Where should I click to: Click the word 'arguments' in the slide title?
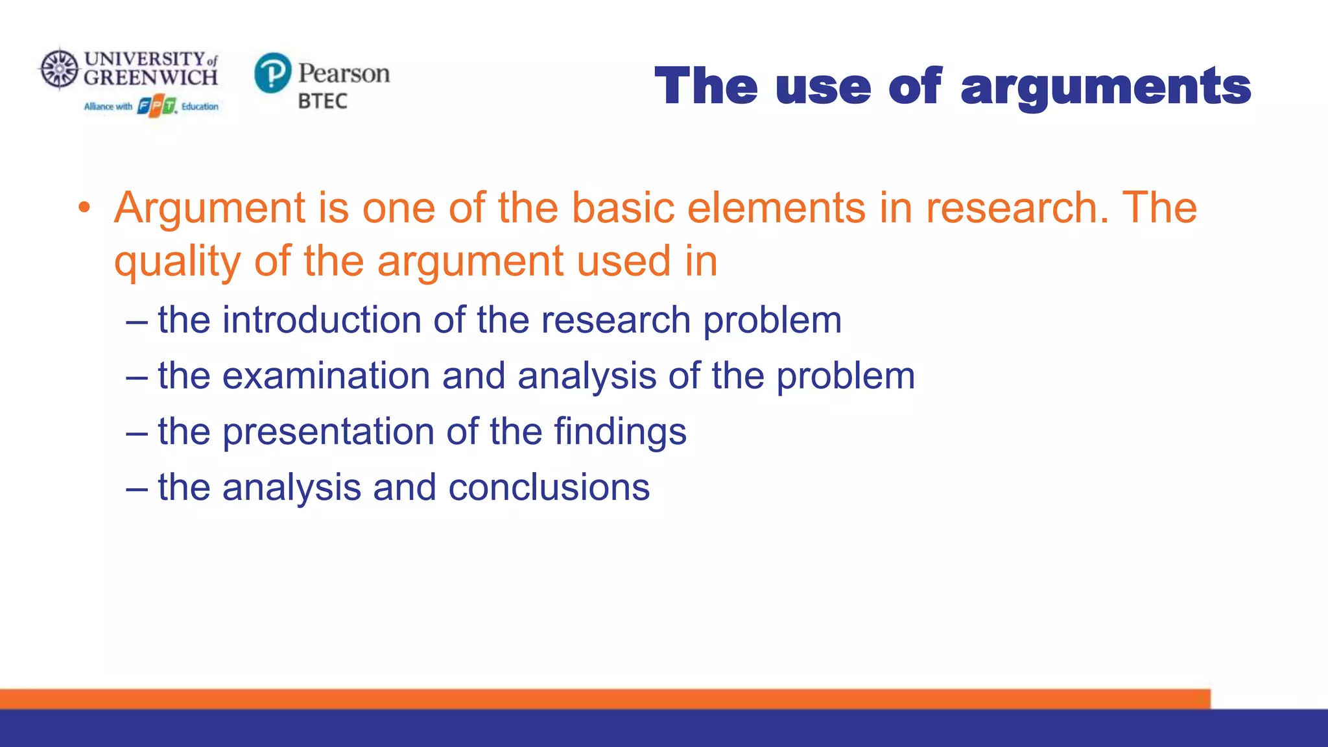coord(1105,88)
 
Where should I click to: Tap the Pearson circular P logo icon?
coord(272,73)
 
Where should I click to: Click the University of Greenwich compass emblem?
coord(60,68)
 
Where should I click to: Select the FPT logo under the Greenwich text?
coord(157,106)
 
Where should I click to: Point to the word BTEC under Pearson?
coord(322,101)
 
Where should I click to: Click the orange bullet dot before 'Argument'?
coord(84,208)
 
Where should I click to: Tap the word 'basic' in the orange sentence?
coord(622,208)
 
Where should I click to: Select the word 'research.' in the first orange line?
coord(1017,208)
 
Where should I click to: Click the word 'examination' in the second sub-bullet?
coord(326,376)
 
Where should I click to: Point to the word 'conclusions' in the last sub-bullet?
coord(549,488)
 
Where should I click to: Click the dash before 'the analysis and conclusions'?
coord(137,488)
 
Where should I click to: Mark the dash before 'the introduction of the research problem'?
coord(137,321)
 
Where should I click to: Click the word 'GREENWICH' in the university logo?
coord(150,78)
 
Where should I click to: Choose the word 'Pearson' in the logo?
coord(344,73)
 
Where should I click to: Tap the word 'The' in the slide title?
coord(705,87)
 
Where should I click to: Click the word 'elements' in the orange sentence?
coord(776,208)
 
